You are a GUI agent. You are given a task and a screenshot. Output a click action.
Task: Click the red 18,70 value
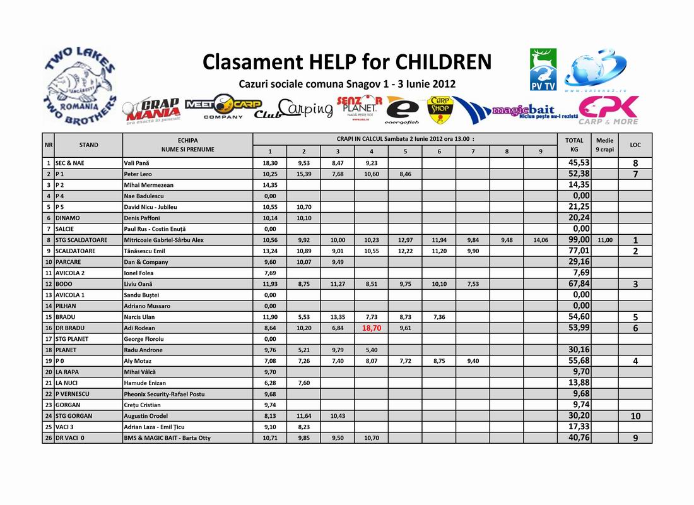pyautogui.click(x=371, y=328)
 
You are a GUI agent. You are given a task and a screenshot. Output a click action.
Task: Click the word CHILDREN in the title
pyautogui.click(x=443, y=62)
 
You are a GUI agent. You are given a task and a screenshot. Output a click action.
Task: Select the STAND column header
pyautogui.click(x=88, y=145)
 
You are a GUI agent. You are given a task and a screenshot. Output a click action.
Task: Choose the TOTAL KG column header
pyautogui.click(x=574, y=145)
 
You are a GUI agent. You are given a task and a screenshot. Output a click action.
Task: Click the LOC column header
pyautogui.click(x=635, y=145)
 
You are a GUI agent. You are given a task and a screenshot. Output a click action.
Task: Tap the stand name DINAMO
pyautogui.click(x=68, y=218)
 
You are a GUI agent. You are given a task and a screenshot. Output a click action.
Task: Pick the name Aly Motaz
pyautogui.click(x=138, y=361)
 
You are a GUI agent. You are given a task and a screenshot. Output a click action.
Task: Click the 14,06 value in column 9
pyautogui.click(x=540, y=240)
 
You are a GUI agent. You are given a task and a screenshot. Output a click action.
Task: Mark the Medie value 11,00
pyautogui.click(x=604, y=240)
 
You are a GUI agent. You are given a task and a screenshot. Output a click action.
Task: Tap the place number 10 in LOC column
pyautogui.click(x=635, y=416)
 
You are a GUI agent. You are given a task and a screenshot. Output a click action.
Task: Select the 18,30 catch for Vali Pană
pyautogui.click(x=269, y=163)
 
